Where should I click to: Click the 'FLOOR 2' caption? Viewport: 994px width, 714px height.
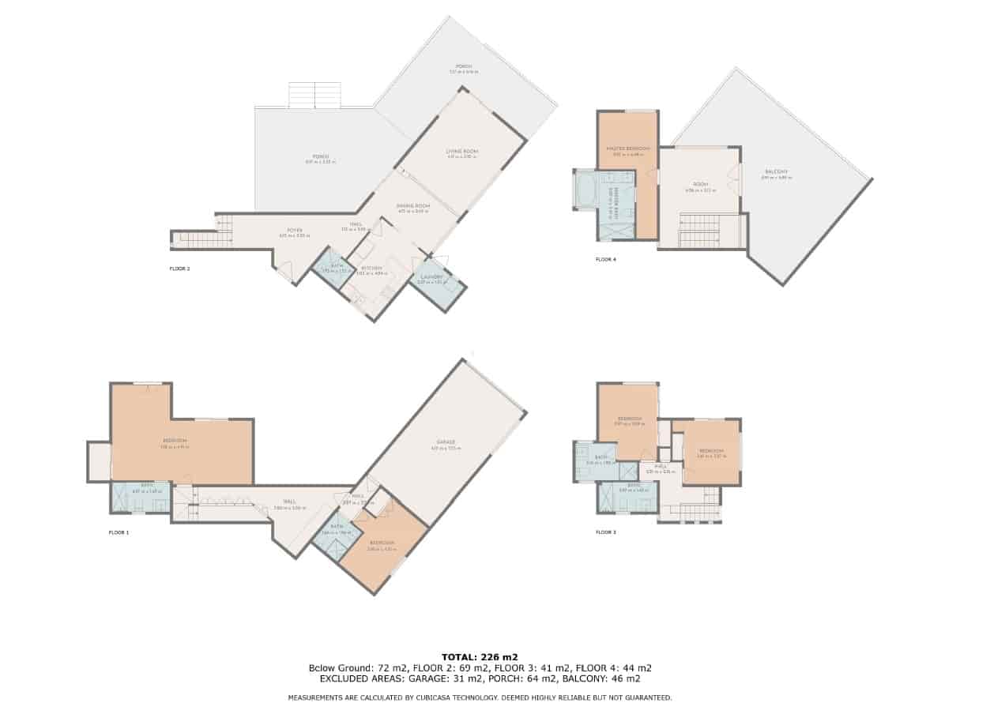[x=179, y=269]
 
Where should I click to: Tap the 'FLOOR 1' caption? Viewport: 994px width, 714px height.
[x=119, y=533]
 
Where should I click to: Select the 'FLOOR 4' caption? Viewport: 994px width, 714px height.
[x=606, y=258]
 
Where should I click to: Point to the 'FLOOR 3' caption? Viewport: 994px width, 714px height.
[x=606, y=532]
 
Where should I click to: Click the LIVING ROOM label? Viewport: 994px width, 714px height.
[x=462, y=151]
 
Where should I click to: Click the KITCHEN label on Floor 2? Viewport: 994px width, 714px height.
[x=371, y=269]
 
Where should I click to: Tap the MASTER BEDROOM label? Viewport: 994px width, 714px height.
[x=628, y=148]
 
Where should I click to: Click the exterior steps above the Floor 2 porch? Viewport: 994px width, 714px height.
[x=314, y=95]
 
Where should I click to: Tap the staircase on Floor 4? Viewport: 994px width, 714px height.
[x=699, y=231]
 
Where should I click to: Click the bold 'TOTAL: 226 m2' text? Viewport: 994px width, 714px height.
[x=480, y=656]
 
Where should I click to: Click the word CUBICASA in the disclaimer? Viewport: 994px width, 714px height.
[x=444, y=698]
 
